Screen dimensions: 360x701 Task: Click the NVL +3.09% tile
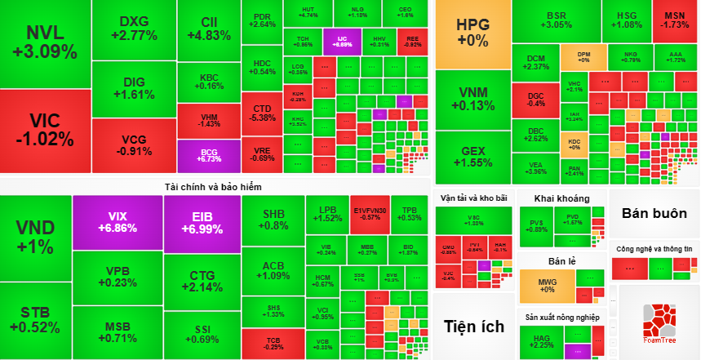(45, 42)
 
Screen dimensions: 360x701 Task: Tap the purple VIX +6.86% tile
(117, 222)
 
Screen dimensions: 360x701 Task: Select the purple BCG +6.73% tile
(210, 154)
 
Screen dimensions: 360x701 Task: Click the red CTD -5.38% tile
(262, 113)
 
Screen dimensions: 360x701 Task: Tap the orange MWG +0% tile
(546, 285)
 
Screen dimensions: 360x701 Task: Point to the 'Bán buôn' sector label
(654, 214)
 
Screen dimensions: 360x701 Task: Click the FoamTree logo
(659, 320)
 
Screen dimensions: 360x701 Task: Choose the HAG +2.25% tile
(542, 341)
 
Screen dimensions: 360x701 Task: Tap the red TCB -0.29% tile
(273, 342)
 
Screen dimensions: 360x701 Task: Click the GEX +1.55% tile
(473, 156)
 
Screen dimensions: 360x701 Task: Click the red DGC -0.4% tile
(536, 100)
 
